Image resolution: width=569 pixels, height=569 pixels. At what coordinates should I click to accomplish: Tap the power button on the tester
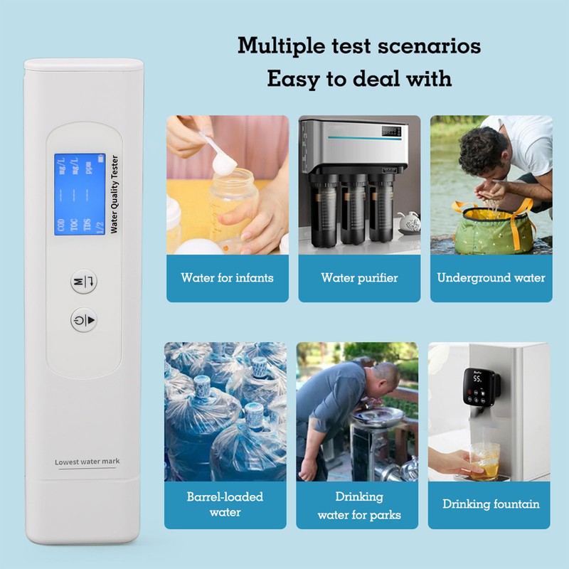(x=84, y=321)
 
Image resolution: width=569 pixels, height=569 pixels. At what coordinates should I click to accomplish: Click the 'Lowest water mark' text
(x=87, y=462)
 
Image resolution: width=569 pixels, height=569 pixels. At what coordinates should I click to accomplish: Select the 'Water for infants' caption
(x=227, y=277)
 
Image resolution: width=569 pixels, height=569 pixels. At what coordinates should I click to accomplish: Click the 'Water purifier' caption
(x=359, y=277)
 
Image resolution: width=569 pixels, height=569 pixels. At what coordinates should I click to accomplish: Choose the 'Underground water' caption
(x=491, y=277)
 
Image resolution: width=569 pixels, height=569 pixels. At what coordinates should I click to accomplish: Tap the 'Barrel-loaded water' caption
(x=225, y=504)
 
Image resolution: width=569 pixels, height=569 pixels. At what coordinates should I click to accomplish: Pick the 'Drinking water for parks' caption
(x=359, y=505)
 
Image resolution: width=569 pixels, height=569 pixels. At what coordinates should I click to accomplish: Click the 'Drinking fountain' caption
(x=491, y=504)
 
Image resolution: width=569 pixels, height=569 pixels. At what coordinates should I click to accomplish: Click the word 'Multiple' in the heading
(x=275, y=46)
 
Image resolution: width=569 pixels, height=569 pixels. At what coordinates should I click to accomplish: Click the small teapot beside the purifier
(x=410, y=223)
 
